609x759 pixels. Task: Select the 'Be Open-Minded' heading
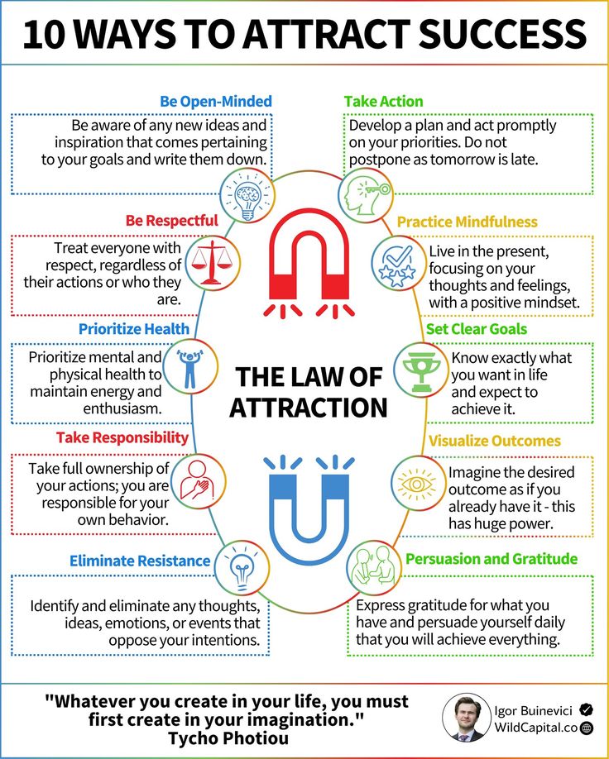(216, 102)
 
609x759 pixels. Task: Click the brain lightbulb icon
(247, 195)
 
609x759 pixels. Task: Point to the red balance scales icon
(213, 263)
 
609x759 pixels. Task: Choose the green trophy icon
(421, 370)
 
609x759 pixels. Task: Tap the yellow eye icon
(417, 484)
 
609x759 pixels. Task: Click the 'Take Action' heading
(384, 102)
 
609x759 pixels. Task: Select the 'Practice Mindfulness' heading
(467, 222)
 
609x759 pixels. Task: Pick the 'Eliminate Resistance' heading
(140, 561)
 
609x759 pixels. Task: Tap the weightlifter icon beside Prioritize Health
(190, 367)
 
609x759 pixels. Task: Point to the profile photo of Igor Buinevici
(466, 718)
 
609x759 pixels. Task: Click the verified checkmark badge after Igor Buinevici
(586, 710)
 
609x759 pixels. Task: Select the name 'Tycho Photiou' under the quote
(228, 738)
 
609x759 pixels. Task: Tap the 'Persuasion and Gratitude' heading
(492, 559)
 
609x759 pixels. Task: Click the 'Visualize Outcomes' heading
(494, 441)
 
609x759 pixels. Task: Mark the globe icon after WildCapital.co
(587, 728)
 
